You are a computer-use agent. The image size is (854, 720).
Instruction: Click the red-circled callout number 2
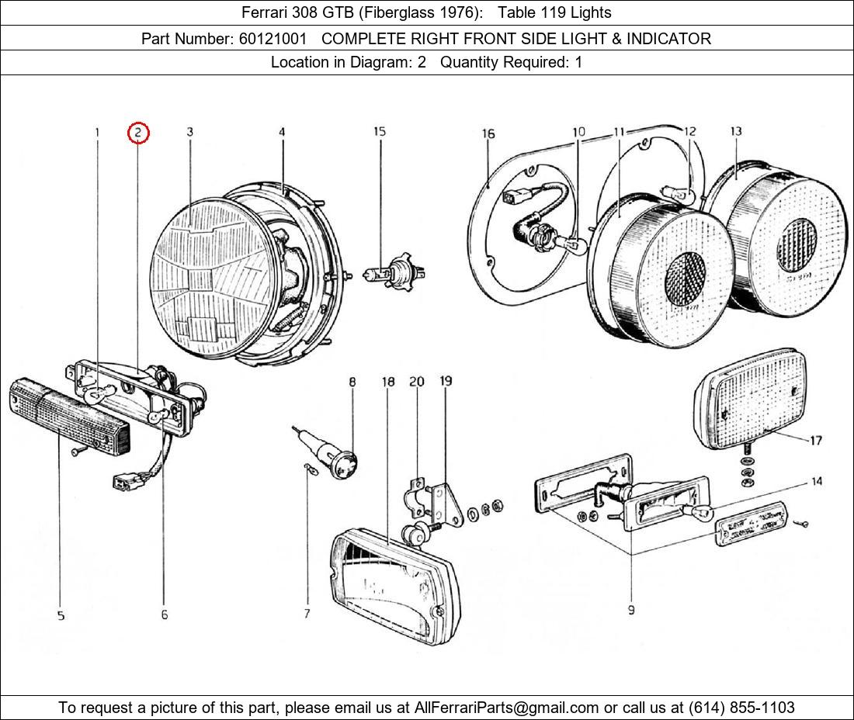coord(138,133)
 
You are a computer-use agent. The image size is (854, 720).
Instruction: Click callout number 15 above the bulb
coord(379,132)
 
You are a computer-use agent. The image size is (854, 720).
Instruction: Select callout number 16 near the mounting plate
coord(488,134)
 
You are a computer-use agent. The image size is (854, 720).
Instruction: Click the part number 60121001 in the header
coord(272,38)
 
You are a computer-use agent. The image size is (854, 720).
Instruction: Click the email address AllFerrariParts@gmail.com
coord(507,708)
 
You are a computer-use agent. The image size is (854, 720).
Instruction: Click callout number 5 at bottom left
coord(61,615)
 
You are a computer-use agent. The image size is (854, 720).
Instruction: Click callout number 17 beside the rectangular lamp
coord(815,441)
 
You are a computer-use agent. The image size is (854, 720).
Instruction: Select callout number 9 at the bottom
coord(631,610)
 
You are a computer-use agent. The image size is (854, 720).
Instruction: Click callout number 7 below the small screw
coord(307,614)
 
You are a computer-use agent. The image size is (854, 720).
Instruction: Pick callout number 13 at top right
coord(736,132)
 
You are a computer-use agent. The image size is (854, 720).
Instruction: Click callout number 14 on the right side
coord(817,482)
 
